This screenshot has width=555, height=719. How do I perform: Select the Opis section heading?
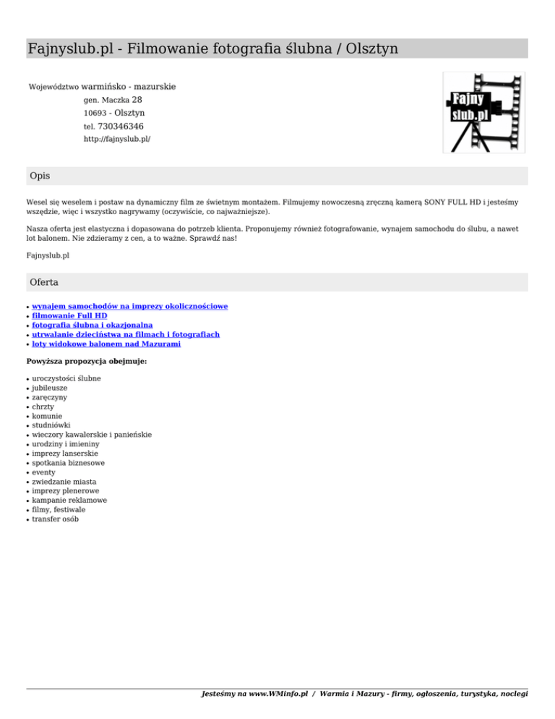pos(40,176)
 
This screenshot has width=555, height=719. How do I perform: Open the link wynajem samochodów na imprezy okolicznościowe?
pos(130,306)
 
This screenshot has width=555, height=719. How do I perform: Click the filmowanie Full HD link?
pos(69,315)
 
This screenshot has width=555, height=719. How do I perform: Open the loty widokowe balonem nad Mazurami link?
pos(106,344)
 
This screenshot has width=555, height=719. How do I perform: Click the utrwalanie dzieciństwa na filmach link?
pos(126,334)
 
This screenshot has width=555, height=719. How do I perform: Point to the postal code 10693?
pos(95,114)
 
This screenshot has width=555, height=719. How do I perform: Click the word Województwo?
pos(53,88)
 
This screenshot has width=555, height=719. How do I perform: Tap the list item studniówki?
pos(51,425)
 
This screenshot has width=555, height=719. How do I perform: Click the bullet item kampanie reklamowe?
pos(69,500)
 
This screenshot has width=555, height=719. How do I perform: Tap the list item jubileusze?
pos(50,388)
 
